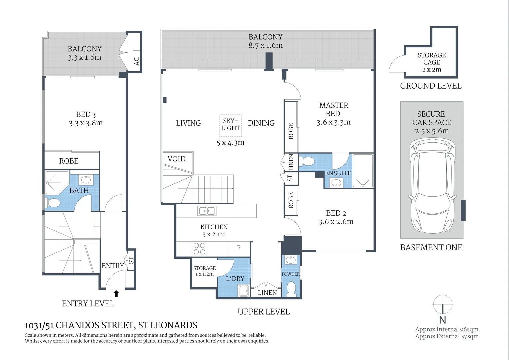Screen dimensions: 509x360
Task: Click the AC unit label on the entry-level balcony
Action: click(x=136, y=61)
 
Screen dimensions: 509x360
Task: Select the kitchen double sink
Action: click(x=207, y=211)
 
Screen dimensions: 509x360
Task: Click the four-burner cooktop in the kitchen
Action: click(x=200, y=248)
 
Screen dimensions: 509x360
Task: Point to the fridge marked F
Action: click(x=239, y=248)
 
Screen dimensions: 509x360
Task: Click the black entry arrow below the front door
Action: click(x=116, y=293)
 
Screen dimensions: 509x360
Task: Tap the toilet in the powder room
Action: click(x=291, y=289)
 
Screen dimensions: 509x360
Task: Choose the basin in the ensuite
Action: click(x=336, y=182)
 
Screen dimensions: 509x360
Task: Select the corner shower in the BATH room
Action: click(x=56, y=183)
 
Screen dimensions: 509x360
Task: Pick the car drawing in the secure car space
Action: click(x=432, y=186)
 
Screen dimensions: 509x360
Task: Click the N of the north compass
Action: click(x=442, y=320)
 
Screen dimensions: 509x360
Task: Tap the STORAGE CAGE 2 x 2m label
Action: click(x=432, y=62)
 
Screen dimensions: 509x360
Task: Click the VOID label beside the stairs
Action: click(x=176, y=159)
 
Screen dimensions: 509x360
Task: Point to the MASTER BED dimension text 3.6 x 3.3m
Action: click(x=334, y=122)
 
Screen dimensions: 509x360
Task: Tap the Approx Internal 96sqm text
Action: click(x=447, y=329)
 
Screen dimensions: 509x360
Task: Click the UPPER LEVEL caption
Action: click(x=264, y=312)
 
